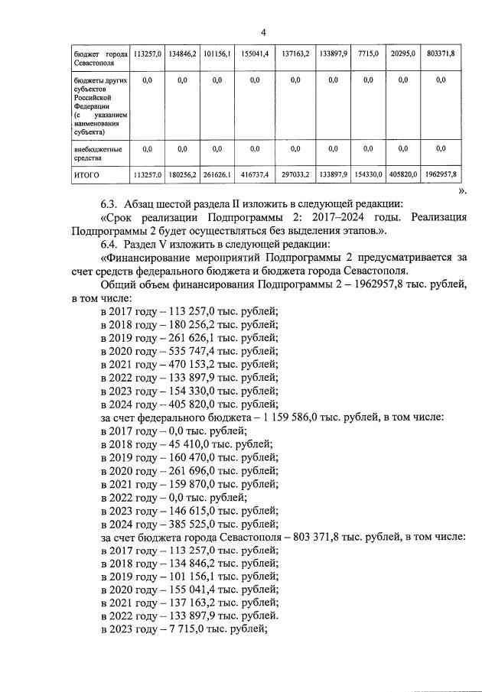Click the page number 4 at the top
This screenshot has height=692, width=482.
pyautogui.click(x=262, y=32)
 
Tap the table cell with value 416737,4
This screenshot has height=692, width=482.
pyautogui.click(x=254, y=174)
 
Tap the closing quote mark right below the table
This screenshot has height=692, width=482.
pyautogui.click(x=461, y=190)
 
